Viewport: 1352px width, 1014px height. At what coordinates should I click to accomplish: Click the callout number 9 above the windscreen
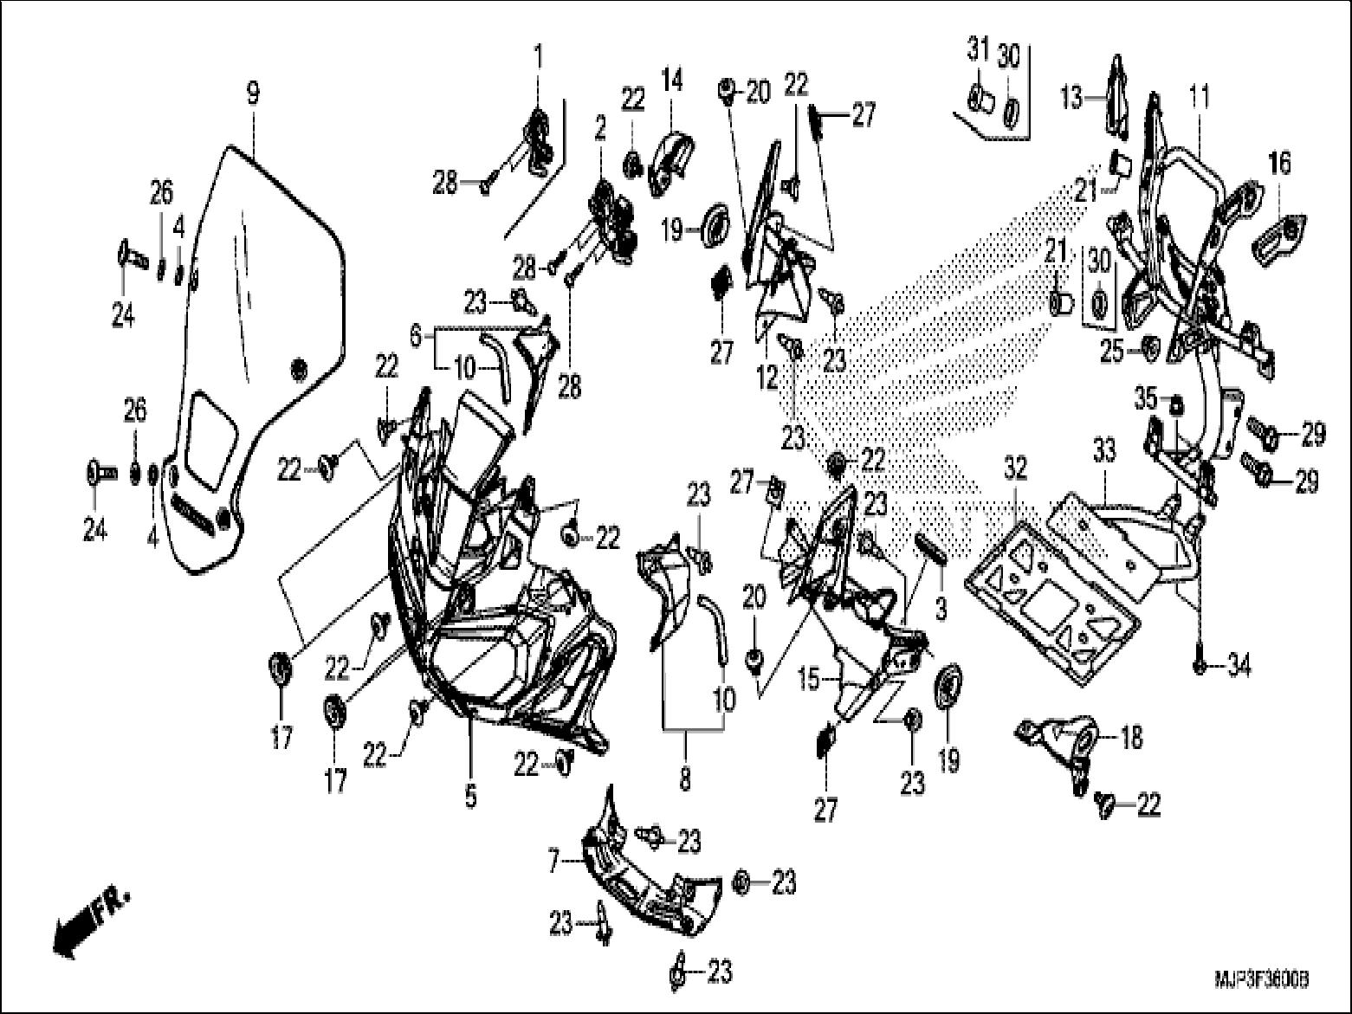(253, 93)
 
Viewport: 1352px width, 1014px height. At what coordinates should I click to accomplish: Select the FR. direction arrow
(90, 921)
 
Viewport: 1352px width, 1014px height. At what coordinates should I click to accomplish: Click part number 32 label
(1015, 468)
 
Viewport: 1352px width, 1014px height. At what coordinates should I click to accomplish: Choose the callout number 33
(1104, 450)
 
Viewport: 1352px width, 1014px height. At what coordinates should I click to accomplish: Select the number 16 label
(1279, 163)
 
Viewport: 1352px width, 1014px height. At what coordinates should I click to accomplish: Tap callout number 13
(1072, 98)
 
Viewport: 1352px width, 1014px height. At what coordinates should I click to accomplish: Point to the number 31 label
(978, 51)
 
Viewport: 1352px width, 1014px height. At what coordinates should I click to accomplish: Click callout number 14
(672, 81)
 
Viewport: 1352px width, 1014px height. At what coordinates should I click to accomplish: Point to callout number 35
(1145, 401)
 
